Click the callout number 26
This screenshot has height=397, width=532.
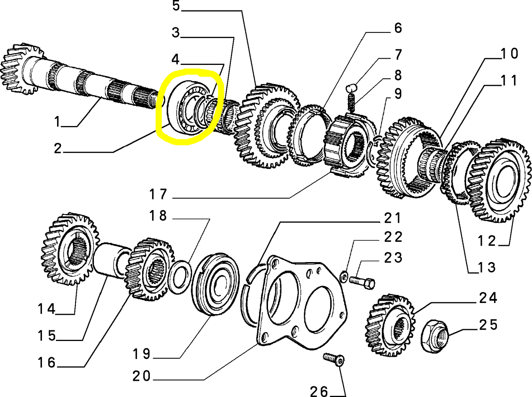pos(319,391)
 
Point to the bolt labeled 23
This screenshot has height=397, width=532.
pos(362,282)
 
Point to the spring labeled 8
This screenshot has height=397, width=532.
pos(351,102)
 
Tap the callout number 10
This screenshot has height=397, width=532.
pos(510,54)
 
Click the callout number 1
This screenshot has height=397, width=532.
pos(57,121)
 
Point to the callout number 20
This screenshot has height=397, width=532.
pos(142,376)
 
